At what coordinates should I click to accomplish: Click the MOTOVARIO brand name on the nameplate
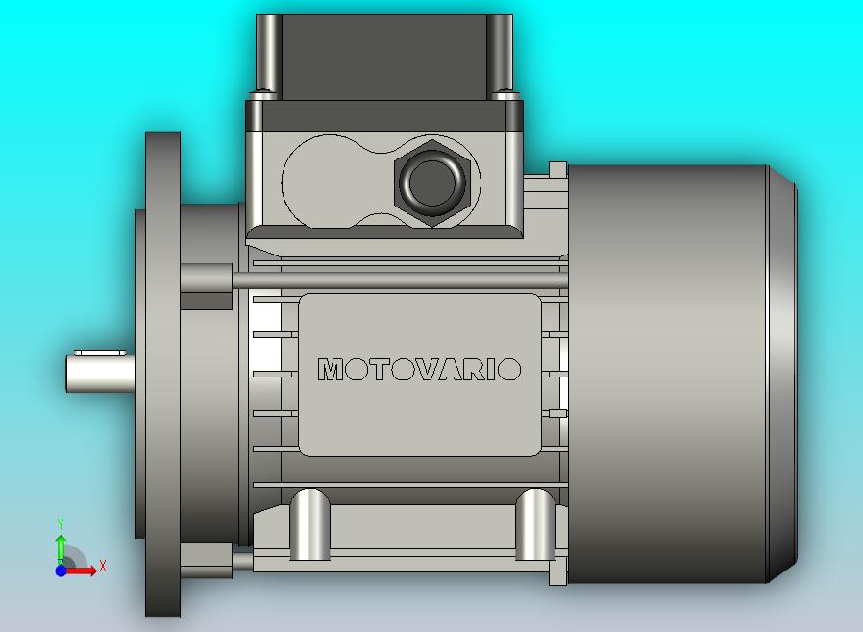pos(420,370)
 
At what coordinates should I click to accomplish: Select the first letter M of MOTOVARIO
pos(330,370)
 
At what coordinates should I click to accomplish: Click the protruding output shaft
pos(99,371)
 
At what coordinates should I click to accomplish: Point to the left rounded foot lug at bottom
pos(309,523)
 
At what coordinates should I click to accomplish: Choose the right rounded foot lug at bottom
pos(534,523)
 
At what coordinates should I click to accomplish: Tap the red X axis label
pos(103,567)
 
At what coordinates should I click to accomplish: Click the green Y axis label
pos(61,523)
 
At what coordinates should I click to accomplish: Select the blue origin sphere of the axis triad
pos(61,571)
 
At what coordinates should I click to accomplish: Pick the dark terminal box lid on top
pos(384,55)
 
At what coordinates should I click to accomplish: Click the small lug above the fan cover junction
pos(556,170)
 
